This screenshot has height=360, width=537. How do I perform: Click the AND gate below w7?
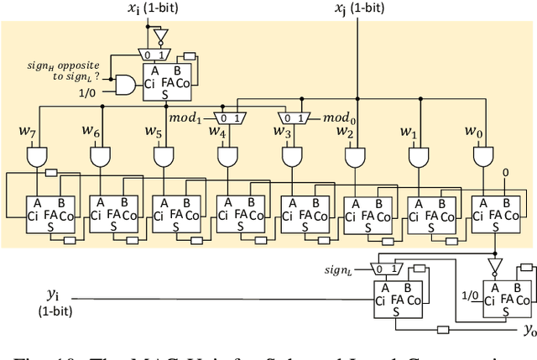tap(38, 156)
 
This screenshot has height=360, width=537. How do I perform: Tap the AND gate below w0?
tap(483, 156)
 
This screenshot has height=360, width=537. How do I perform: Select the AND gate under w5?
tap(164, 156)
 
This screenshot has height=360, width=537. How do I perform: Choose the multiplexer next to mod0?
tap(294, 117)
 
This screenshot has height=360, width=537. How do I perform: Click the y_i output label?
tap(52, 295)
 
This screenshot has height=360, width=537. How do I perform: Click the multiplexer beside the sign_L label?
tap(388, 269)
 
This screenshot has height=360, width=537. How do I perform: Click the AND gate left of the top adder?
tap(127, 85)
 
